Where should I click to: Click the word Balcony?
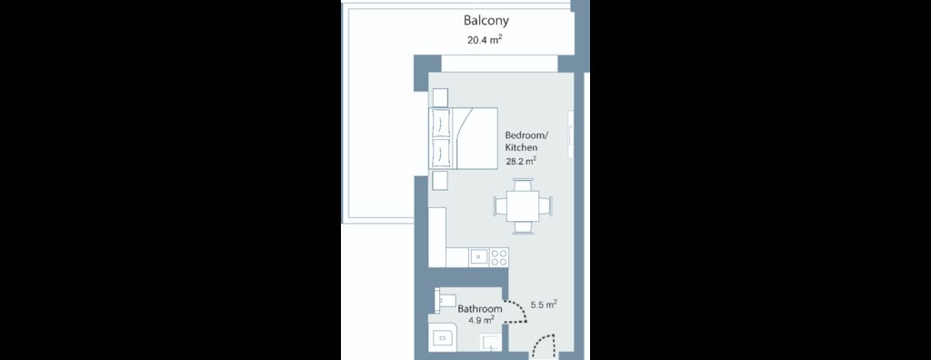pyautogui.click(x=486, y=21)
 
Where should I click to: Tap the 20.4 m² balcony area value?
pyautogui.click(x=486, y=40)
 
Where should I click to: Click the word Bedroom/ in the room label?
pyautogui.click(x=526, y=135)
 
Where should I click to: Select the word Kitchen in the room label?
pyautogui.click(x=521, y=147)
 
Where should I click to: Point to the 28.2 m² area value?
pyautogui.click(x=521, y=160)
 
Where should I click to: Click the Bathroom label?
pyautogui.click(x=480, y=309)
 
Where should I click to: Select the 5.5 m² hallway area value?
pyautogui.click(x=544, y=305)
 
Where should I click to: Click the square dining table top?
pyautogui.click(x=523, y=205)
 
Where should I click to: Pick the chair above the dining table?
pyautogui.click(x=523, y=185)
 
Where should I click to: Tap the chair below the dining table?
pyautogui.click(x=523, y=226)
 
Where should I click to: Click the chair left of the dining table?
pyautogui.click(x=501, y=205)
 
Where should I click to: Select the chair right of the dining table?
pyautogui.click(x=546, y=205)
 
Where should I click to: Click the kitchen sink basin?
pyautogui.click(x=478, y=257)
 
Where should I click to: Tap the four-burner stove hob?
pyautogui.click(x=499, y=257)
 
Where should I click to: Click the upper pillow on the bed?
pyautogui.click(x=441, y=123)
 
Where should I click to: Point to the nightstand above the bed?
pyautogui.click(x=441, y=97)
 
